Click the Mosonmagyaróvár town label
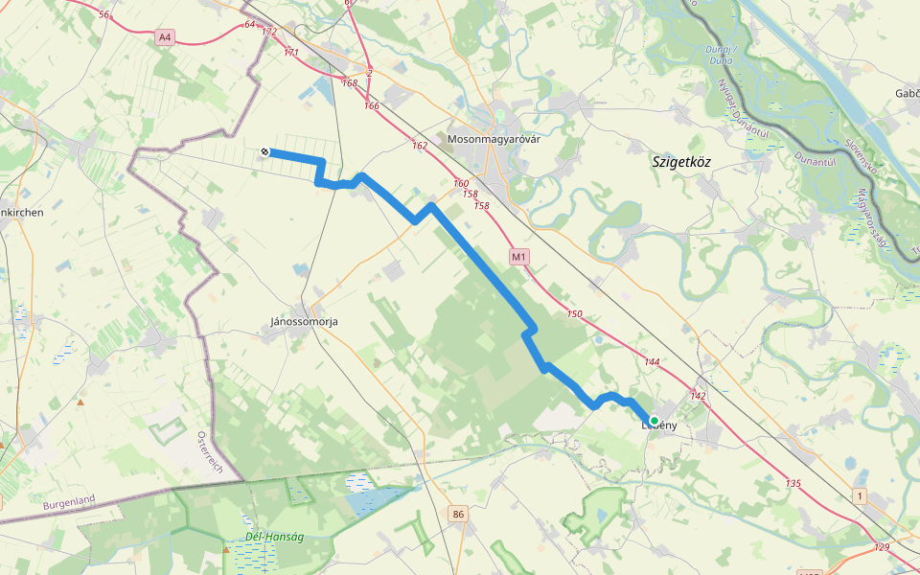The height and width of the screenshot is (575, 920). coord(494,139)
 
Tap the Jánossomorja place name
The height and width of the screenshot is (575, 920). coord(298,322)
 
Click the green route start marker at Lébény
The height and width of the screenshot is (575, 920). coord(654,420)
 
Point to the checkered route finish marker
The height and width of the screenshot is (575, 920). coord(264,151)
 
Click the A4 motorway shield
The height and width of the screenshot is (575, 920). coord(165,37)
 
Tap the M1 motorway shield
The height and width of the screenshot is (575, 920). coord(518,257)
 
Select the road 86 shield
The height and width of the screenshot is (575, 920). coord(458,516)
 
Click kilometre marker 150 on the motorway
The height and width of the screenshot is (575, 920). coord(574,314)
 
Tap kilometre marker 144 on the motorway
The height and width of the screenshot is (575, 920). coord(653,361)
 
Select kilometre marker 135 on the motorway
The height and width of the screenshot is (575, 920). coord(793,483)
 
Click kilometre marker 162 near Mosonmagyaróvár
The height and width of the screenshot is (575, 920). coord(419,146)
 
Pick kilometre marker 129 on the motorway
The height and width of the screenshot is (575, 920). coord(882,546)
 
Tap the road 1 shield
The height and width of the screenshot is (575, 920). coord(861,494)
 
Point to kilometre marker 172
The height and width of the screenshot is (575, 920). coord(268,32)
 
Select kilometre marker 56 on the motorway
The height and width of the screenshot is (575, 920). coord(103,15)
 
